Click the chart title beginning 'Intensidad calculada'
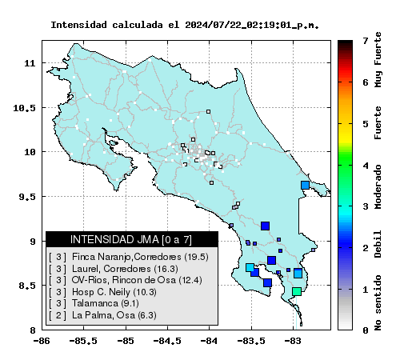click(x=185, y=25)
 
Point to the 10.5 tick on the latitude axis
click(x=24, y=108)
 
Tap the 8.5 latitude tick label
click(x=27, y=286)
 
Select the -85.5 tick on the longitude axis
click(x=83, y=341)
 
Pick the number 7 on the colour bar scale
click(x=366, y=41)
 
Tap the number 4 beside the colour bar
click(x=366, y=166)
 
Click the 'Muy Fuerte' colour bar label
click(x=378, y=59)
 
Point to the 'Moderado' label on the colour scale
click(x=378, y=186)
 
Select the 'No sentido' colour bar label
click(x=378, y=302)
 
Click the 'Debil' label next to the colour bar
click(x=378, y=244)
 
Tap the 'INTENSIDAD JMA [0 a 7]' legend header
click(x=131, y=239)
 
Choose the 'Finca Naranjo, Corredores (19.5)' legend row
click(x=129, y=257)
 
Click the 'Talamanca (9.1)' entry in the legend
click(x=94, y=303)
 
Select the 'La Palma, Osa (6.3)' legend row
click(x=102, y=315)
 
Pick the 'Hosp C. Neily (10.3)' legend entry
click(x=102, y=292)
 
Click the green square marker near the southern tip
click(x=297, y=291)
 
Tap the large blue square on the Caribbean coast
click(x=305, y=185)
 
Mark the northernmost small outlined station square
click(x=208, y=111)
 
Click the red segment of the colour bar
click(x=345, y=70)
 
